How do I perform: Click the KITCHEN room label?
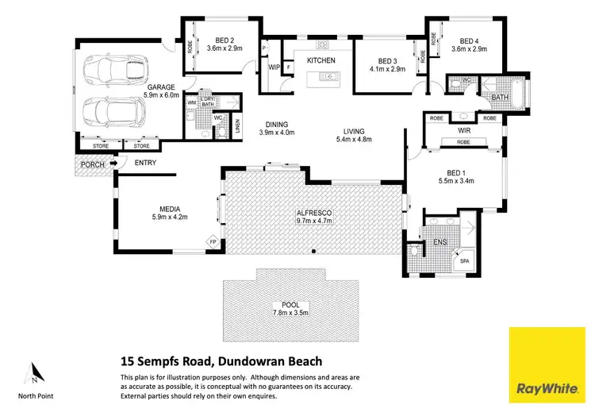coord(321,60)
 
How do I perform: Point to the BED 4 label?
coord(469,41)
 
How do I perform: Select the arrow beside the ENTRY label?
coord(114,164)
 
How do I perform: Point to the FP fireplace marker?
coord(212,241)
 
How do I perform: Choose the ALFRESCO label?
coord(312,213)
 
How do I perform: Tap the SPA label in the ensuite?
coord(463,259)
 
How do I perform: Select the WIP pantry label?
coord(274,67)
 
